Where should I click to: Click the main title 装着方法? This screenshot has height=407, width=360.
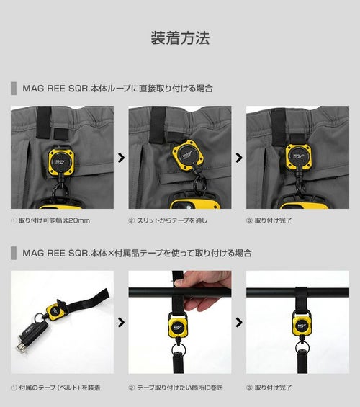[x=180, y=38]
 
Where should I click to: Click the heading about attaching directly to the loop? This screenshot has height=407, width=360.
[x=117, y=89]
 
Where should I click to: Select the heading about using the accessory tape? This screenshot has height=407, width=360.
[x=137, y=253]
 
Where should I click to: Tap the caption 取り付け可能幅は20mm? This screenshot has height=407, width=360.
[x=54, y=220]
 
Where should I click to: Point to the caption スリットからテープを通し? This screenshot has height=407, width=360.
[x=172, y=220]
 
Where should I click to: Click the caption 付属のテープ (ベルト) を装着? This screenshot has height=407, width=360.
[x=59, y=388]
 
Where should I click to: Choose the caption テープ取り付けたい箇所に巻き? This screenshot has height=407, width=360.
[x=179, y=388]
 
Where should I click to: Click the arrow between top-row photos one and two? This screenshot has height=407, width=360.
[x=121, y=158]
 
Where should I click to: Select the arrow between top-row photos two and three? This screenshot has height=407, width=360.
[x=239, y=158]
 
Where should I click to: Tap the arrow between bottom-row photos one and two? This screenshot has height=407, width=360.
[x=121, y=323]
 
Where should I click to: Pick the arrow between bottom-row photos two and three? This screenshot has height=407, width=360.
[x=239, y=323]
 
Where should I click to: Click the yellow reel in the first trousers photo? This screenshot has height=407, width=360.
[x=61, y=161]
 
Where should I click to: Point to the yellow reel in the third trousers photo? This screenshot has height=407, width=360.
[x=299, y=156]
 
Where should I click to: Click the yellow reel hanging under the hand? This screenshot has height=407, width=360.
[x=177, y=325]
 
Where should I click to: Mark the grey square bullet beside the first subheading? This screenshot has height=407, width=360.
[x=14, y=89]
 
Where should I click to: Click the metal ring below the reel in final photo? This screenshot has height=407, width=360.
[x=302, y=346]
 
